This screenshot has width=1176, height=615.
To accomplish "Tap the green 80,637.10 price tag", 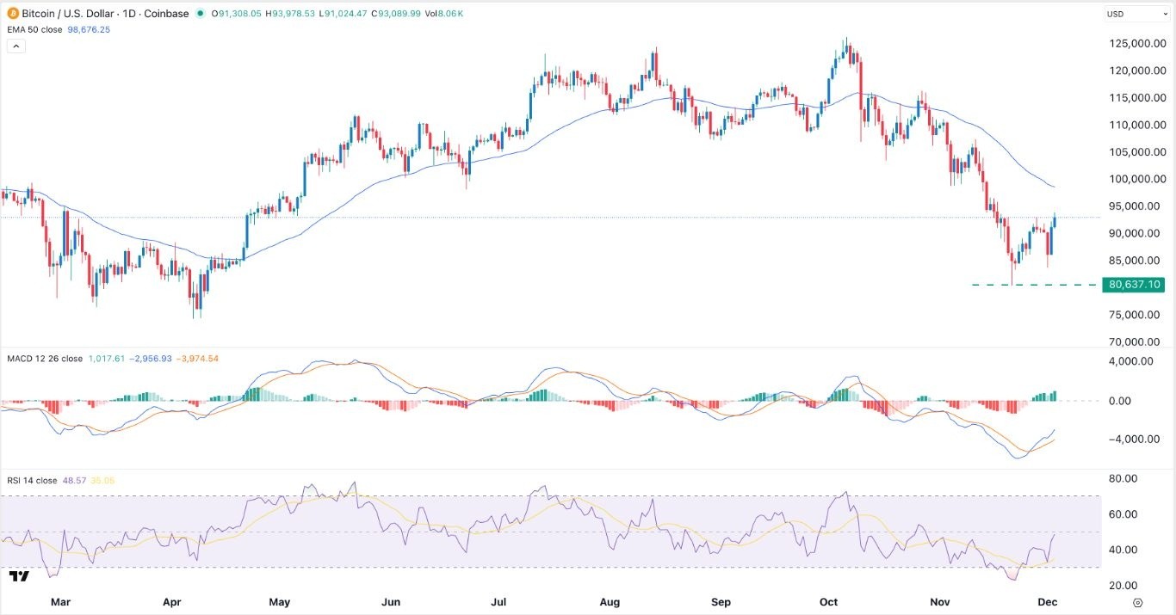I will tap(1135, 285).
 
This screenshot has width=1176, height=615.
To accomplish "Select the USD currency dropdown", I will tap(1136, 14).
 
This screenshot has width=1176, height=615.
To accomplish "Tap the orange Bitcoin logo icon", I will tap(12, 14).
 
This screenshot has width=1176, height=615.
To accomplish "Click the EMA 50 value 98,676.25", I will tap(90, 29).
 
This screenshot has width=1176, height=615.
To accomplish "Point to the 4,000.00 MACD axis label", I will tap(1130, 362).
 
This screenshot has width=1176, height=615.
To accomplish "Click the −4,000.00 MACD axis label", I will tap(1127, 439).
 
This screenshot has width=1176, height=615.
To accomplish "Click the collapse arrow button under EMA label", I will tap(15, 46).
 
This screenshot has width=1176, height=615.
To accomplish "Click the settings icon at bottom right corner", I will tap(1137, 602).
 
